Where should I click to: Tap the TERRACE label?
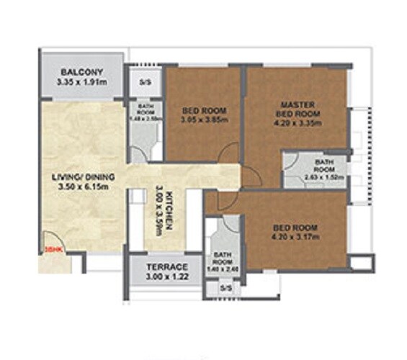coord(164,266)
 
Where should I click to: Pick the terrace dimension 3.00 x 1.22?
coord(164,276)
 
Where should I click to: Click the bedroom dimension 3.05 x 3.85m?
coord(205,122)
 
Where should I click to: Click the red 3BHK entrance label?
coord(49,249)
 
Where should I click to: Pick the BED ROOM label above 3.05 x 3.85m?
coord(205,111)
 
